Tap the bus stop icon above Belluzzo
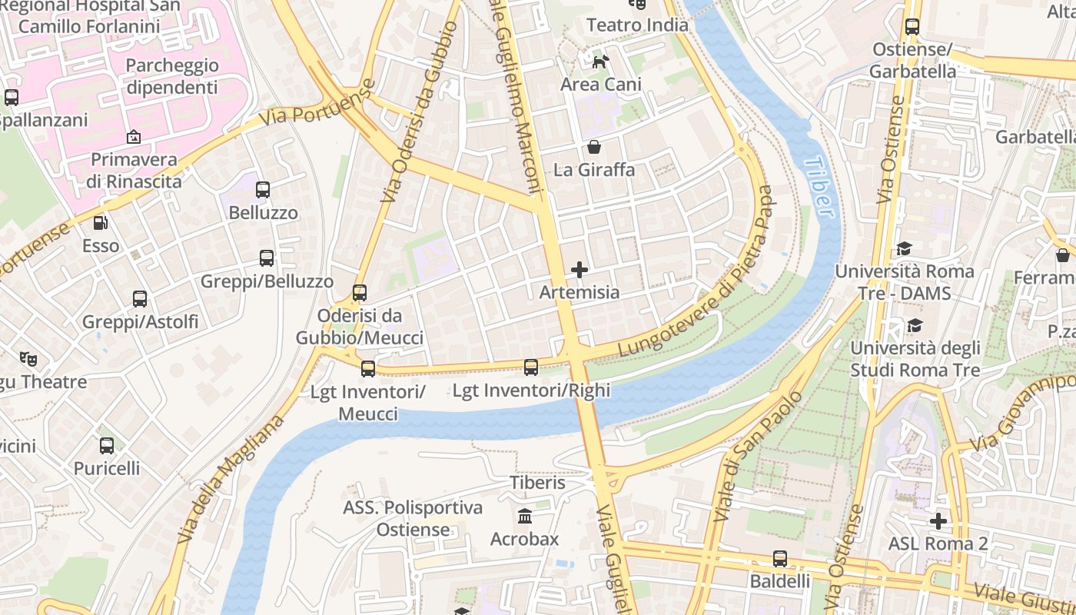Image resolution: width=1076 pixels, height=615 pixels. [x=263, y=189]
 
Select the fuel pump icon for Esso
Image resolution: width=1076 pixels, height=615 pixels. [x=101, y=223]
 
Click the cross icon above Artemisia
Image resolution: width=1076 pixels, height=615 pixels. [x=580, y=270]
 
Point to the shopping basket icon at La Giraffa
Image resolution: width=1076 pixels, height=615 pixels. [x=594, y=146]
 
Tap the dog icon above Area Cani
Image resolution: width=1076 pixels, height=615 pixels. [x=600, y=61]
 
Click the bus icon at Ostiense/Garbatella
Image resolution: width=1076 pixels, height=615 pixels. [x=912, y=27]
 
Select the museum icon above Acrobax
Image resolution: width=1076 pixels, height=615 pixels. [x=525, y=515]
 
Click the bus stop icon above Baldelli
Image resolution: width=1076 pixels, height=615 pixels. [x=780, y=558]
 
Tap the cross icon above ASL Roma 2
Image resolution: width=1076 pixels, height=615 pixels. [x=938, y=521]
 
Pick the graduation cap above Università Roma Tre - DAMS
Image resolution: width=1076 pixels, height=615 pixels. [x=904, y=248]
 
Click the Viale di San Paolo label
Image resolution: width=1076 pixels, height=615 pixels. [x=757, y=456]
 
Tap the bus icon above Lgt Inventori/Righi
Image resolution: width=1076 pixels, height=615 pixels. [x=531, y=367]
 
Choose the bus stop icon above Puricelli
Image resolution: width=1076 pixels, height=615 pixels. [x=107, y=445]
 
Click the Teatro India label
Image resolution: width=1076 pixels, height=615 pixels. [x=637, y=25]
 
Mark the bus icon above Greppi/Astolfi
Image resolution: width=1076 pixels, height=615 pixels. [x=140, y=299]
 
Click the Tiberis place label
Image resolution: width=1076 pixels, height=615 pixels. [x=538, y=483]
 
